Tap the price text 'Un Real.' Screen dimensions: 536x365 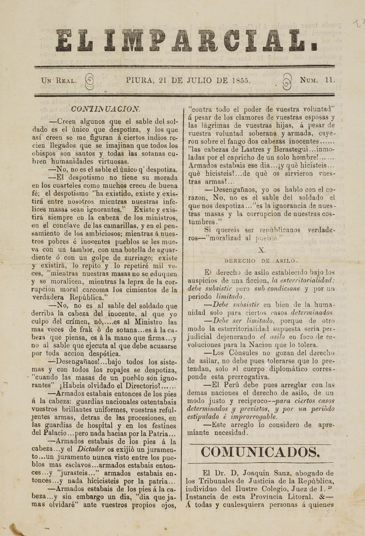coord(59,81)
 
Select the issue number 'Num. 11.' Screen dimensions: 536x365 coord(317,81)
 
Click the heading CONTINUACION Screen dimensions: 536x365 coord(104,109)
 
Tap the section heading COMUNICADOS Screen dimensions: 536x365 coord(260,451)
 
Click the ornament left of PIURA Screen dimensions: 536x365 coord(89,82)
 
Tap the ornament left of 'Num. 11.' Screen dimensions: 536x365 coord(286,82)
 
